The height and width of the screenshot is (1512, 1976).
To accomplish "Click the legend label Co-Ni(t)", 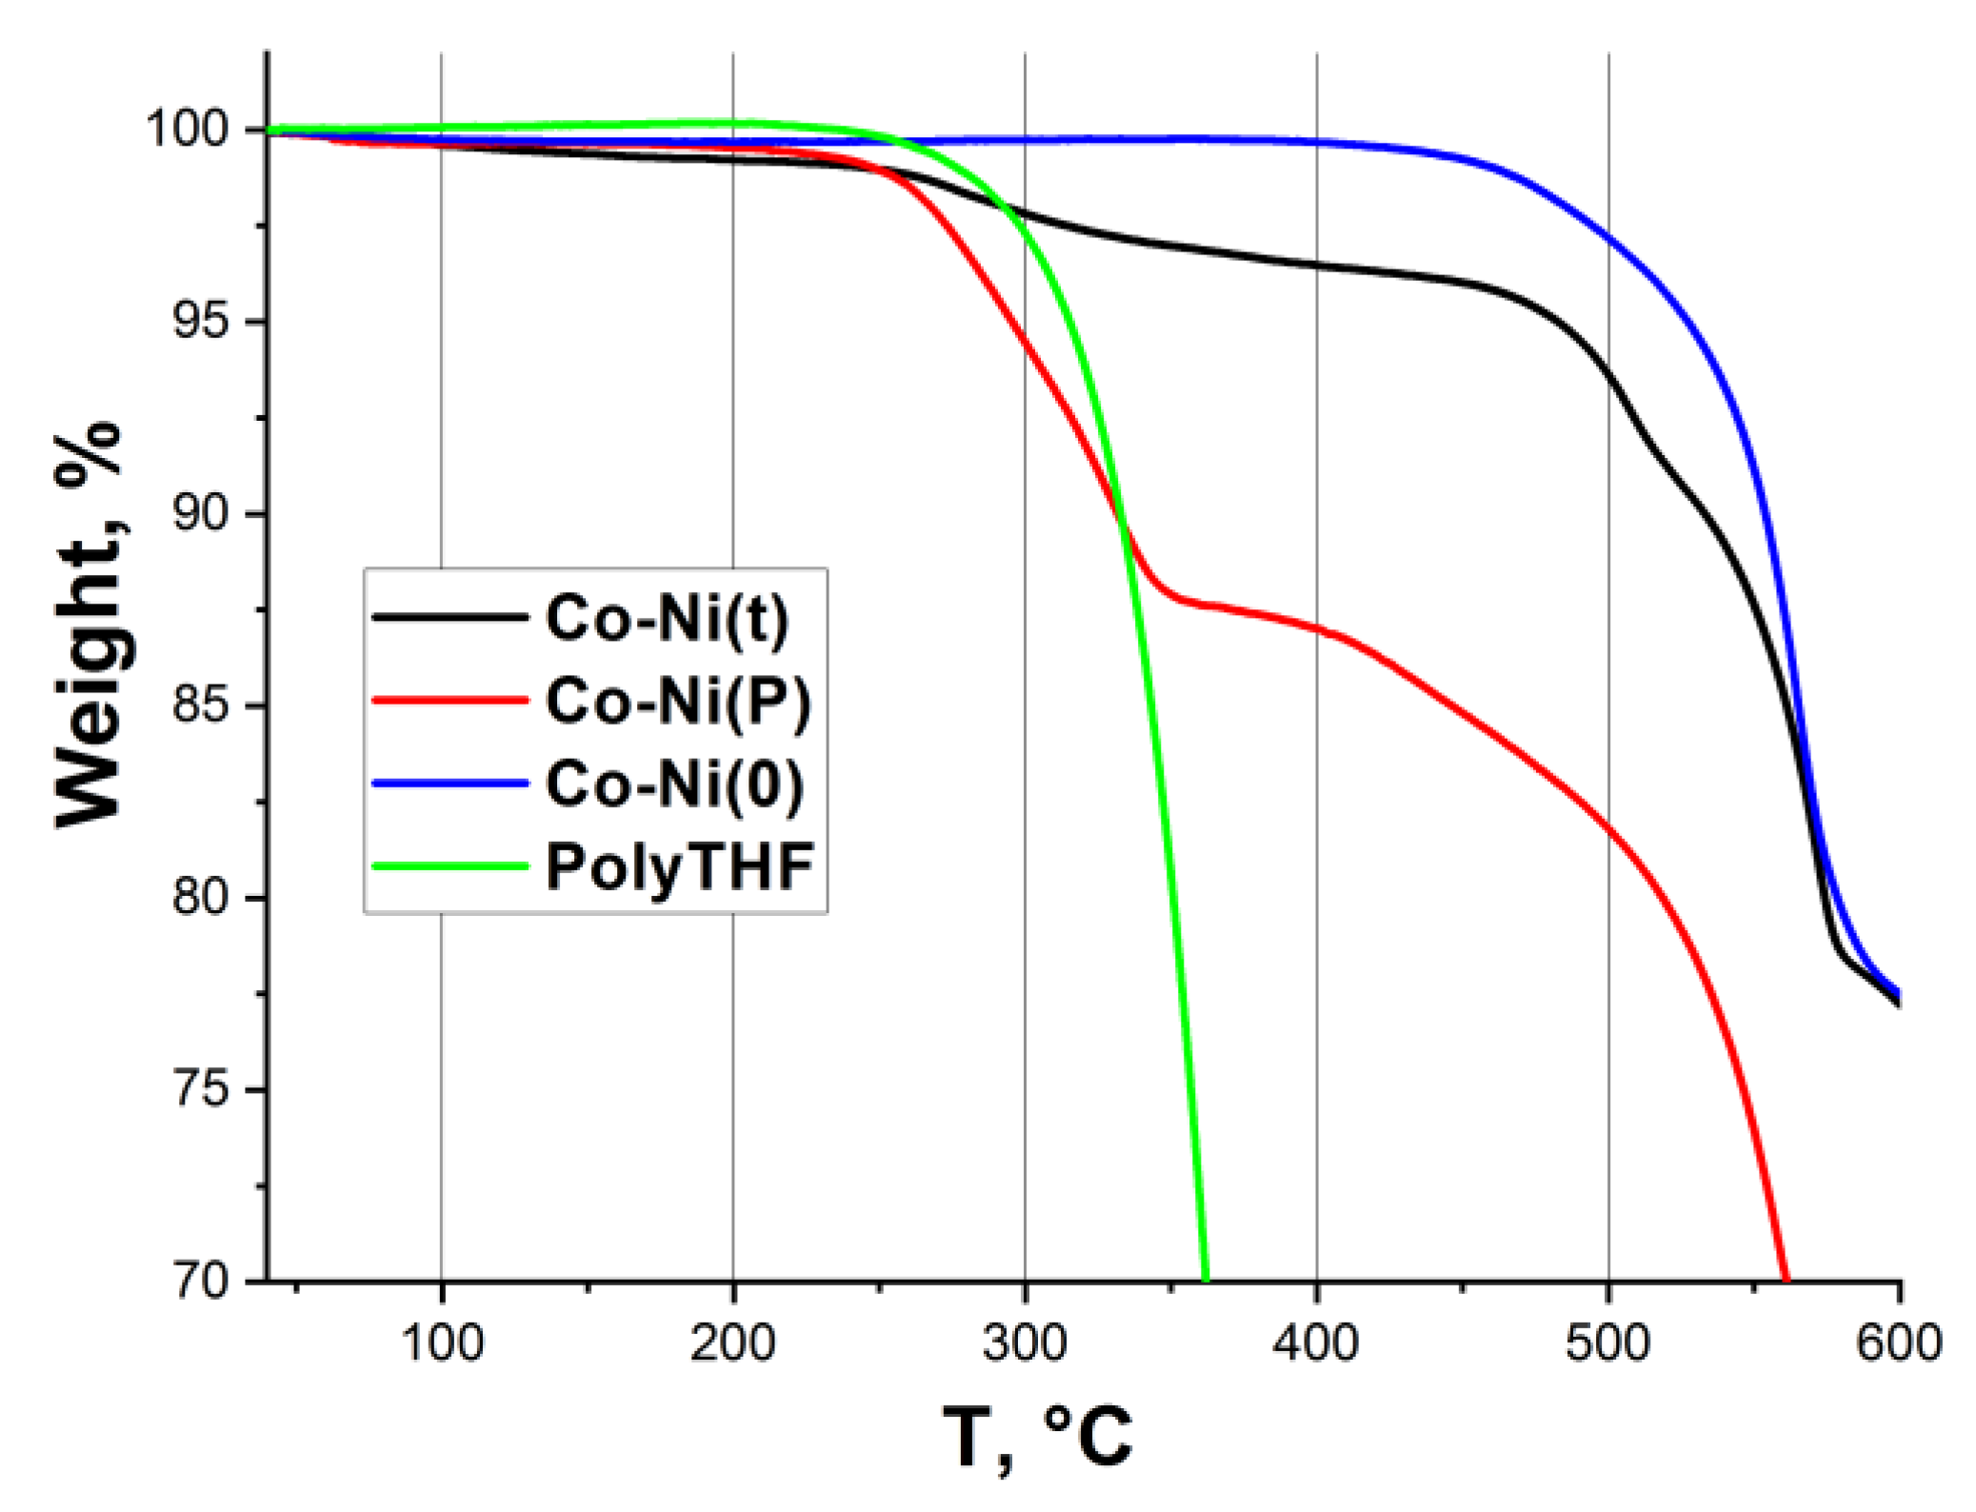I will click(667, 619).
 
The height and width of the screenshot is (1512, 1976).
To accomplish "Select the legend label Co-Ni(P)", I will click(678, 702).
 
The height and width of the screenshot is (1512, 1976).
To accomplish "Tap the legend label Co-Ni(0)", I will click(674, 785).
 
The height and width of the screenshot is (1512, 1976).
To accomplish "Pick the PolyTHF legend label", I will click(679, 867).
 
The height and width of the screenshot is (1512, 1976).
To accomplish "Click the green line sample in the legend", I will click(450, 866).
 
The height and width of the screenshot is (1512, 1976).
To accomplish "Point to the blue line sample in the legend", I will click(450, 784).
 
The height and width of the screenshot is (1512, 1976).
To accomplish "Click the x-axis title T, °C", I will click(1038, 1438).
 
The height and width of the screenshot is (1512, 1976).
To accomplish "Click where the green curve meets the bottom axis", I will click(1206, 1279).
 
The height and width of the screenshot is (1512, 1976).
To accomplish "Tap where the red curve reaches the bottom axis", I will click(1785, 1279).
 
